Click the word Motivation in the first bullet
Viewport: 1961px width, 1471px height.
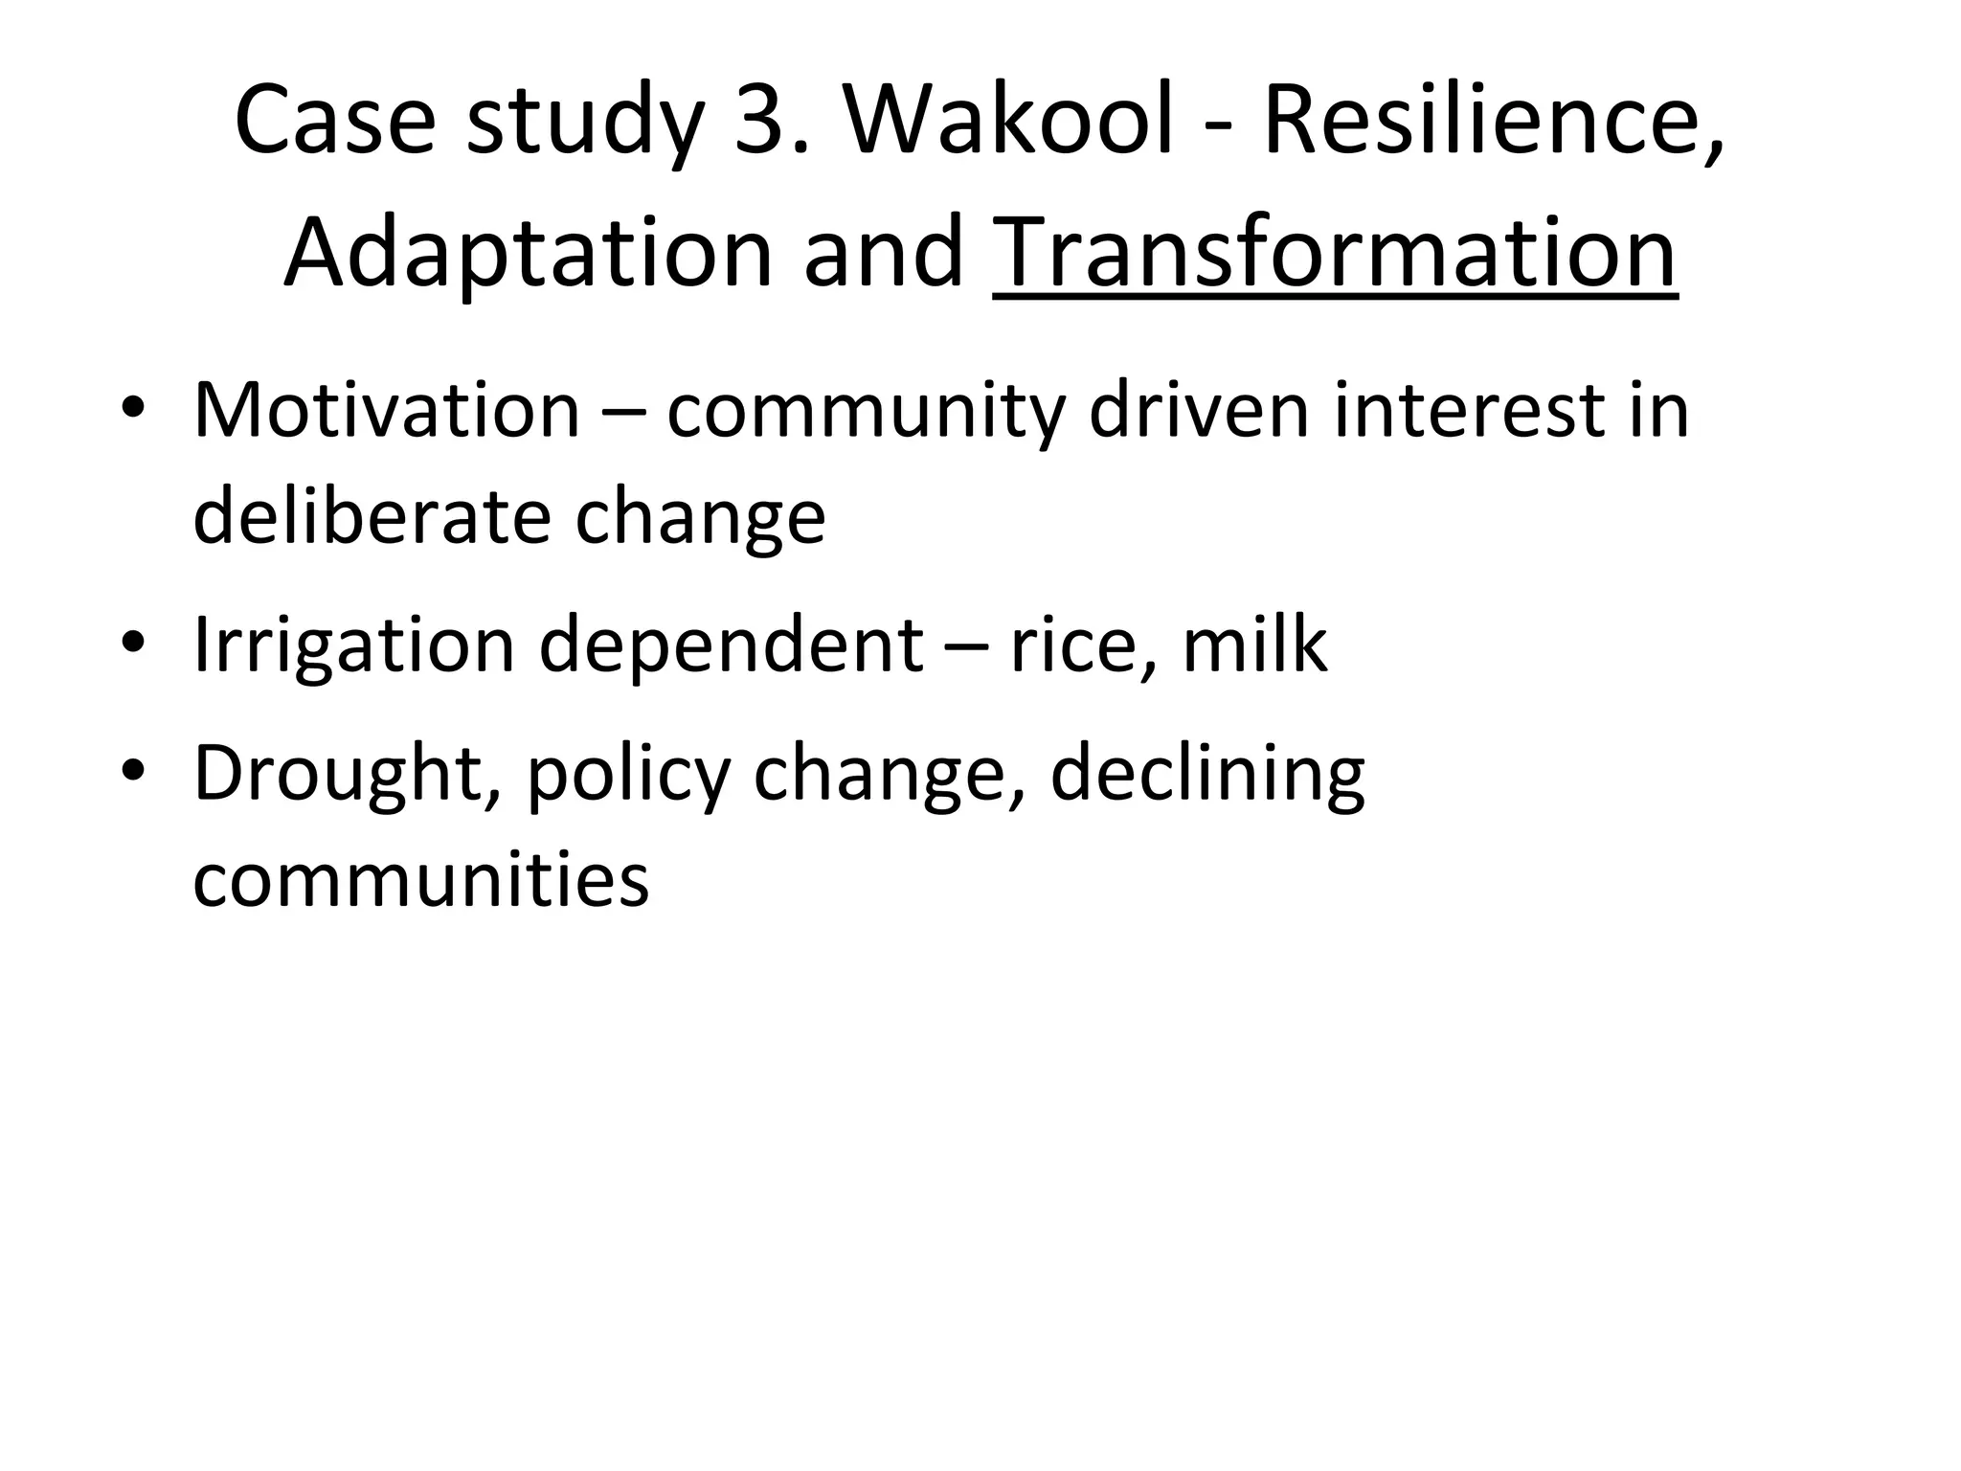(x=387, y=411)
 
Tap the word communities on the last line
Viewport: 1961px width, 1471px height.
(x=421, y=879)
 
